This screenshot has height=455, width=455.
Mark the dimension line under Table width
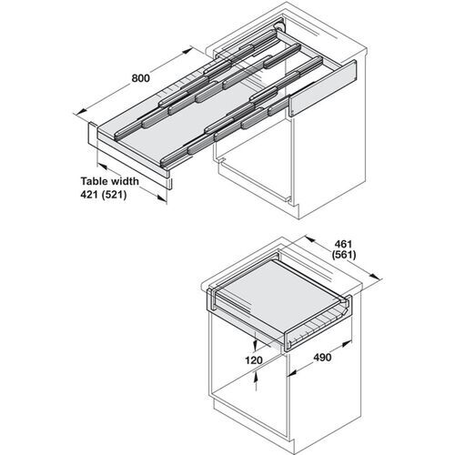132,186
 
